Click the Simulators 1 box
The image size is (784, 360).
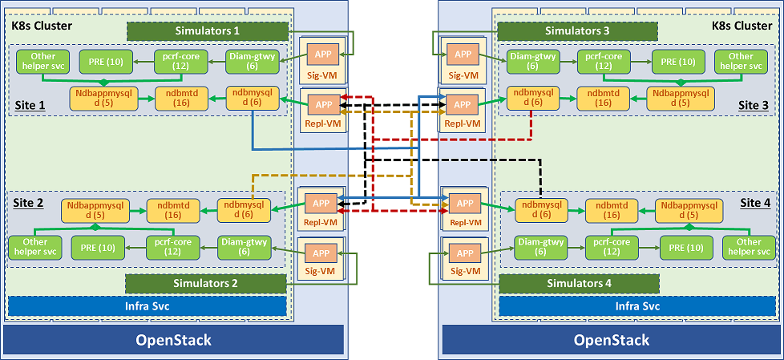208,30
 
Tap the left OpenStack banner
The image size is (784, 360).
174,339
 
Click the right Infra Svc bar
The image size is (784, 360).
636,306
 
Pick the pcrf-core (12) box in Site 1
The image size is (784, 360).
181,61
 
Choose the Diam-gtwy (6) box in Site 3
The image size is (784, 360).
533,61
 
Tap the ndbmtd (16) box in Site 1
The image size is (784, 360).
178,97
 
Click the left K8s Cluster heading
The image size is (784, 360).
42,26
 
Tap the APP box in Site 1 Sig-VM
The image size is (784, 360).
324,55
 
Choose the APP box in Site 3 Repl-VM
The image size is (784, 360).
461,105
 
